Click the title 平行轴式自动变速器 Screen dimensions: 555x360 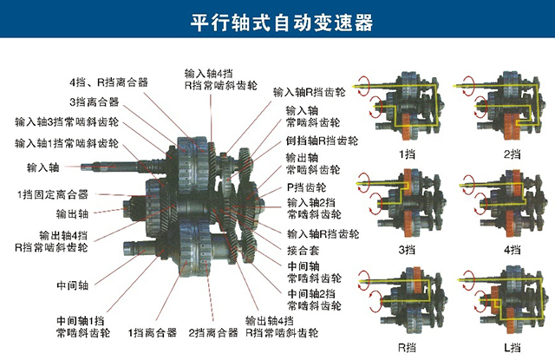tap(282, 23)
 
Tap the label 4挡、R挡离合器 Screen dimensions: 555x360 tap(108, 82)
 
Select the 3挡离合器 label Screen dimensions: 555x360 tap(95, 102)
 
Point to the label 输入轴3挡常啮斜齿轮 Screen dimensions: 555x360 tap(67, 122)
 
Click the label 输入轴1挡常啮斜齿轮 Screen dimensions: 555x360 tap(67, 143)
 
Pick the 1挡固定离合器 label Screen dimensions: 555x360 tap(53, 194)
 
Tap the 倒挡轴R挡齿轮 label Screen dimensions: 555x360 tap(322, 141)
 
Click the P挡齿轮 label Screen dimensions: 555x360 tap(306, 187)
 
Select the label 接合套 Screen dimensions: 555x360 tap(303, 251)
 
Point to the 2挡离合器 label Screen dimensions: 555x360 tap(213, 333)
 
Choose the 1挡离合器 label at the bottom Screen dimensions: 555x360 tap(153, 333)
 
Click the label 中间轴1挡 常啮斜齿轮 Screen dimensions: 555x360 tap(83, 327)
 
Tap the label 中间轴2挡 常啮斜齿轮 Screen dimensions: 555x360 tap(314, 299)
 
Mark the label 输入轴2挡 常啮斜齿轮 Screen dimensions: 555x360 tap(314, 208)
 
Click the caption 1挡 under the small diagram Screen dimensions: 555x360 tap(407, 154)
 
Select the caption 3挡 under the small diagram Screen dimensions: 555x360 tap(407, 250)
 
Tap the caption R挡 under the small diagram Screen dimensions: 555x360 tap(407, 347)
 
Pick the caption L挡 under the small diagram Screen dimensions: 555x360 tap(513, 347)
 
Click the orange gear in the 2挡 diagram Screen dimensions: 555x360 tap(513, 126)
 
